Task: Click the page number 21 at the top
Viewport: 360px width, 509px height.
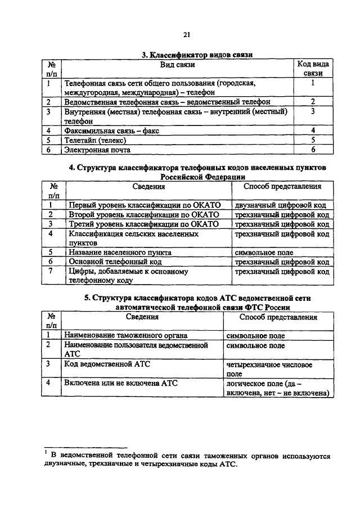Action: click(x=186, y=35)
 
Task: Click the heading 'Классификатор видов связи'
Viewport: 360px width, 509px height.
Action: click(x=197, y=55)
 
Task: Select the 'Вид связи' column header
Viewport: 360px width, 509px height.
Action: click(x=178, y=65)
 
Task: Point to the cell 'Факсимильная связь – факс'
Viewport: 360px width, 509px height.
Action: click(x=112, y=130)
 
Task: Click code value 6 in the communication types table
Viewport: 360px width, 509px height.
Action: click(x=313, y=150)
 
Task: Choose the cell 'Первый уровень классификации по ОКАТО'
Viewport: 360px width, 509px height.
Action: click(x=143, y=205)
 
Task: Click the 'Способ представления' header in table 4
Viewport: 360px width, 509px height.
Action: click(x=282, y=186)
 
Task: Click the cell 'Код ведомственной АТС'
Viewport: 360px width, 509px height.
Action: click(x=105, y=364)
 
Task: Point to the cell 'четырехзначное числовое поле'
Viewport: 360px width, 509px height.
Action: click(x=265, y=368)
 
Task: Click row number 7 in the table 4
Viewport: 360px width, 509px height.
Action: click(x=51, y=272)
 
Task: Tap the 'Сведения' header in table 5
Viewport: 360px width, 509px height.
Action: click(x=142, y=317)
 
